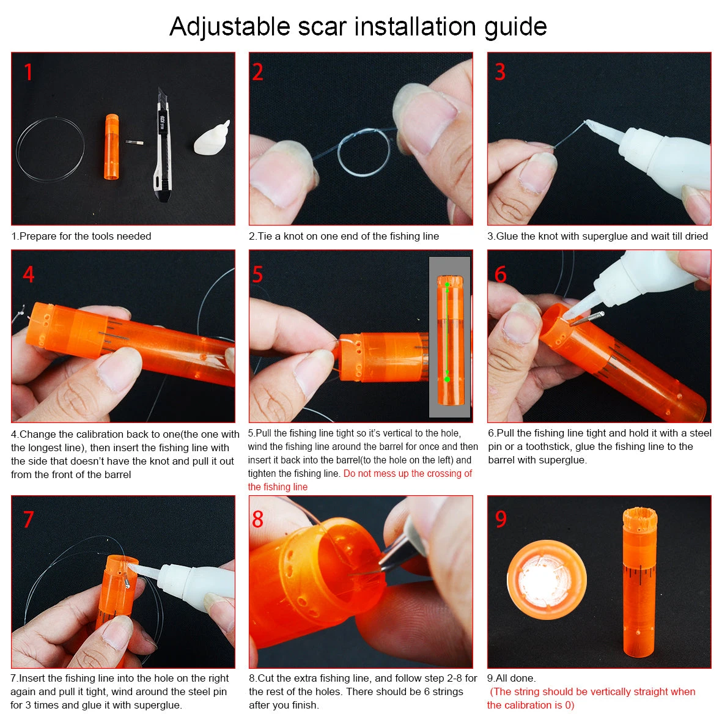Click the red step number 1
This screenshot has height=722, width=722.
(28, 72)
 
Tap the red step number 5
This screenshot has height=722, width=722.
(257, 274)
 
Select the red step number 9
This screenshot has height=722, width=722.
(501, 519)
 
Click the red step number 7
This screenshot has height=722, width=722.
(28, 519)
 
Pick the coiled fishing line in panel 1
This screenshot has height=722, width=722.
(50, 147)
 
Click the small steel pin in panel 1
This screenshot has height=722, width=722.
(133, 142)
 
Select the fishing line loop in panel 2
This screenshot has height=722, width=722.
(365, 152)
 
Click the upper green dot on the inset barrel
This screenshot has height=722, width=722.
(447, 284)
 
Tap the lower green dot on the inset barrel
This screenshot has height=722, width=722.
(447, 379)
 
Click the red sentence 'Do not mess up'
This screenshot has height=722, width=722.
(408, 473)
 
